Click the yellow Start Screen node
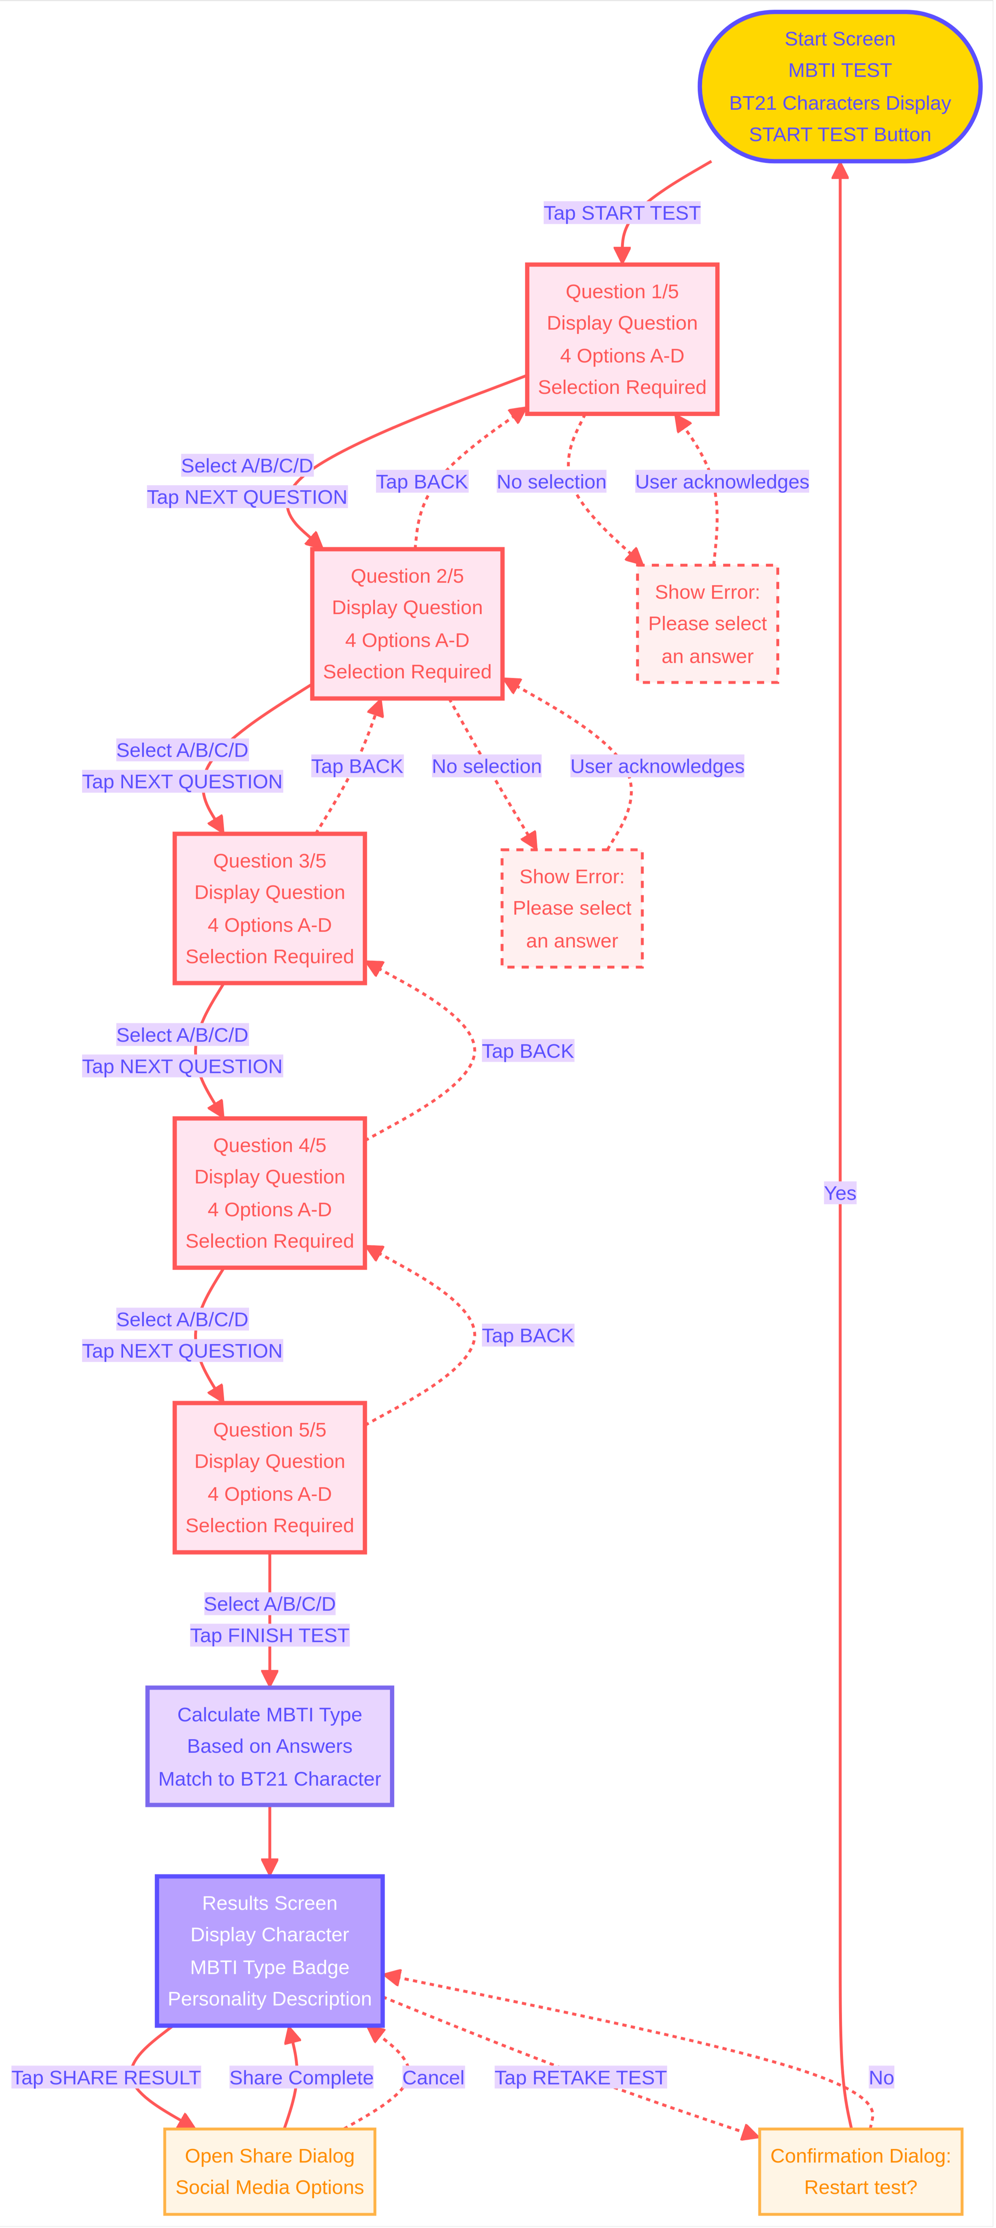839,87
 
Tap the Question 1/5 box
622,339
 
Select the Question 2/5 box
407,623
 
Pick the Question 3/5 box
270,908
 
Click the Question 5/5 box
270,1477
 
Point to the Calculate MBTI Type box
270,1746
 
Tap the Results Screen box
270,1951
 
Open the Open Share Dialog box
270,2171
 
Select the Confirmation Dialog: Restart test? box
860,2171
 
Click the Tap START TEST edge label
622,213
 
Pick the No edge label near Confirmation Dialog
881,2077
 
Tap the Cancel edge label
433,2077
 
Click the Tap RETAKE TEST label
580,2077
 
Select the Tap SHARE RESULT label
106,2077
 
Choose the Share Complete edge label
301,2077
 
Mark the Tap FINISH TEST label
270,1636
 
